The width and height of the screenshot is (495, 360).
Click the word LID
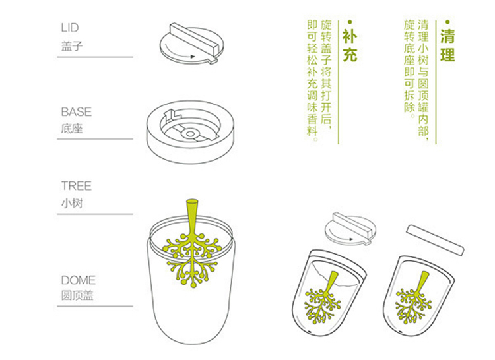(x=70, y=28)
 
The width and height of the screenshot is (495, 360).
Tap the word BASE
(x=77, y=112)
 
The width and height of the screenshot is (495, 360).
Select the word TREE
(x=77, y=186)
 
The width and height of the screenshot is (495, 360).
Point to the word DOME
(x=79, y=280)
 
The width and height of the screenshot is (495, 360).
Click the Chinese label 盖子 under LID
(x=72, y=46)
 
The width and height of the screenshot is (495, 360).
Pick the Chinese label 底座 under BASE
(x=72, y=129)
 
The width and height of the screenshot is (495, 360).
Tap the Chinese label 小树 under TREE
(x=72, y=202)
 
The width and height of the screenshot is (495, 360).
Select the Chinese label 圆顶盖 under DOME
(x=77, y=295)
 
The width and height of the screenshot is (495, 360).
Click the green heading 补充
(x=350, y=45)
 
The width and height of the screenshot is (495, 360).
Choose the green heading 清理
(x=447, y=45)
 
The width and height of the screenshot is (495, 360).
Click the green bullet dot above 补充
(x=350, y=22)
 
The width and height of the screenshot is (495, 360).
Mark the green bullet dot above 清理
(x=447, y=22)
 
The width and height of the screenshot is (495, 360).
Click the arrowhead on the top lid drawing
(x=193, y=57)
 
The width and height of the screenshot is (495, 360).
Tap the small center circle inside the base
(x=190, y=134)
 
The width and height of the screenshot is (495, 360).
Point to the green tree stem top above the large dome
(x=192, y=201)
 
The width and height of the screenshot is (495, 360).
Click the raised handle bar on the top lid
(x=194, y=39)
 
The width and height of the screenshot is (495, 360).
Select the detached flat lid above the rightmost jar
(x=436, y=240)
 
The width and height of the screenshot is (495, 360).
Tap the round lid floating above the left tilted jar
(x=350, y=229)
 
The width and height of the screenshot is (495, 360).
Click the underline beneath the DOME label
(x=95, y=306)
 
